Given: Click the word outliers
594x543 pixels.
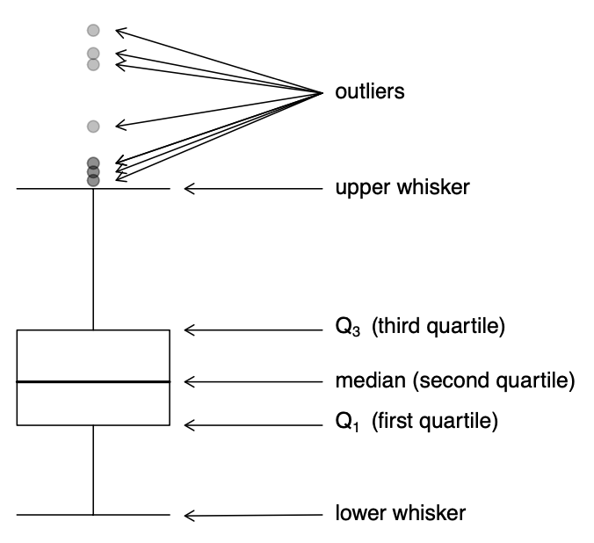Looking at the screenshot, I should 370,91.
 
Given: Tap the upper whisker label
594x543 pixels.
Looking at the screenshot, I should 402,188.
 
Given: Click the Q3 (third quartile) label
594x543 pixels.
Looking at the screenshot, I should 419,329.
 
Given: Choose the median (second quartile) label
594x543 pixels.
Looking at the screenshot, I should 454,381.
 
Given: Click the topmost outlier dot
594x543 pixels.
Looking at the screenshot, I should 94,31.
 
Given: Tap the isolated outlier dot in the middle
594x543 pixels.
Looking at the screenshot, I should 94,126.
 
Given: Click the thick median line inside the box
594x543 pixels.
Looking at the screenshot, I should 93,381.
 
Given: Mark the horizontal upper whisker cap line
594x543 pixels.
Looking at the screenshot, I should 53,188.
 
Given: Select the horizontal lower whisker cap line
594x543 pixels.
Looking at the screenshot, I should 53,514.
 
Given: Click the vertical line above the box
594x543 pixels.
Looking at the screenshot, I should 93,259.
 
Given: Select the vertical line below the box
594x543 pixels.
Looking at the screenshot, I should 93,470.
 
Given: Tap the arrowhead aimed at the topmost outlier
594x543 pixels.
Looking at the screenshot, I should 119,32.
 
